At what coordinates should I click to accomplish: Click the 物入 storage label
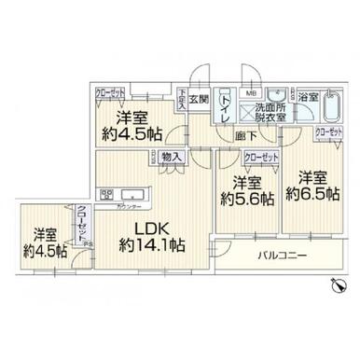click(170, 158)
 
